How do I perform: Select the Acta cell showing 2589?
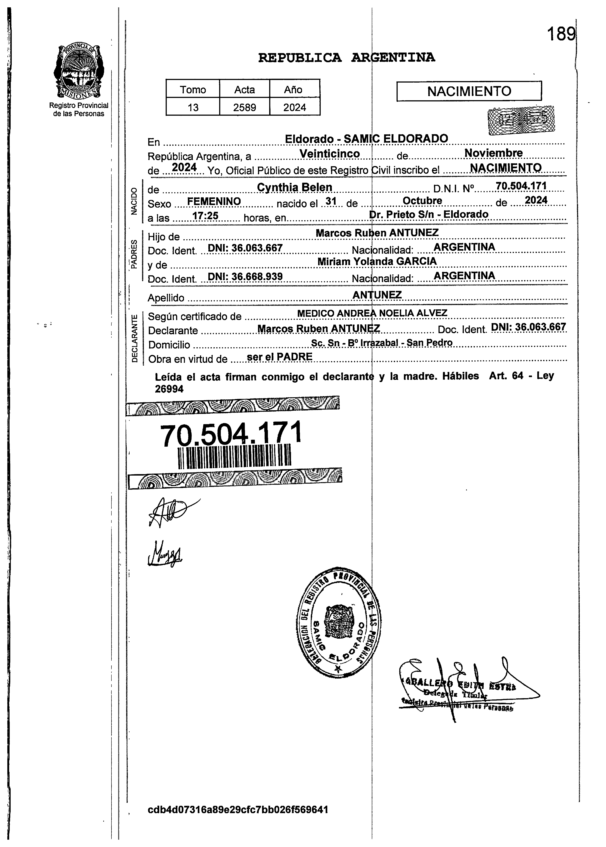(244, 107)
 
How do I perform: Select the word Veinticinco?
(330, 154)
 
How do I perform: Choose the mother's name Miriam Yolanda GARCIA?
(377, 261)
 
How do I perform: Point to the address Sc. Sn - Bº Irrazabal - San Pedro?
(382, 343)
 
